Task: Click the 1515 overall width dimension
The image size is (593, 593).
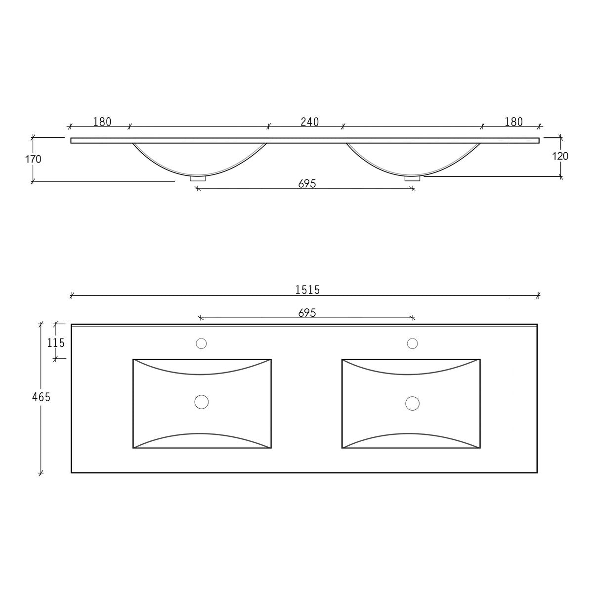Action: (307, 290)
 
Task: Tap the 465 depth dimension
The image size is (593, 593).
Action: (41, 397)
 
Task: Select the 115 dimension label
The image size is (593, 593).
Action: (56, 343)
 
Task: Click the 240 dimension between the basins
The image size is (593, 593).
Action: (309, 122)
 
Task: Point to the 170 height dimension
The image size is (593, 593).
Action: (33, 159)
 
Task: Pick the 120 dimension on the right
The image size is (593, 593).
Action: (560, 156)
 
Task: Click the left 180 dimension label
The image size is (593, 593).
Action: (102, 122)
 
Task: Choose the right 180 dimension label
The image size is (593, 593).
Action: (513, 122)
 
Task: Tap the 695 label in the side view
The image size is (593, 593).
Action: (307, 184)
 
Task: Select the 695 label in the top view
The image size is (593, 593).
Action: (307, 313)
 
